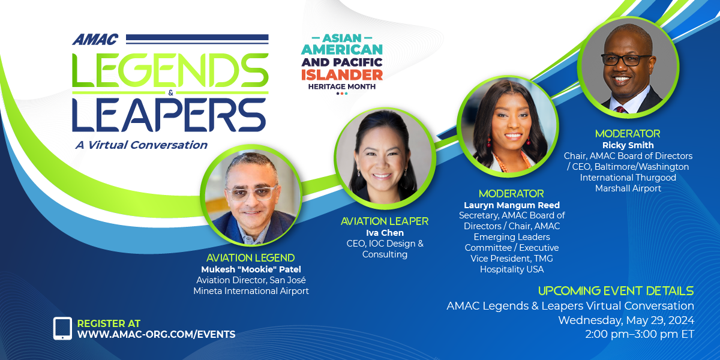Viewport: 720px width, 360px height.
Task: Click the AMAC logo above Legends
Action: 95,40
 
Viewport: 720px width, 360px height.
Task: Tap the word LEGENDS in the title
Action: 170,70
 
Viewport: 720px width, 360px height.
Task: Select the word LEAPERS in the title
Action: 169,115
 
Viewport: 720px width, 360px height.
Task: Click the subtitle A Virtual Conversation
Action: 142,145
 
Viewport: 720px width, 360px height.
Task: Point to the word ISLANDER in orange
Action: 342,75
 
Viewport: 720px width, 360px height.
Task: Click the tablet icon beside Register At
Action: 62,328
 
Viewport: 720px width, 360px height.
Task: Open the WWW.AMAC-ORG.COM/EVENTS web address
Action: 156,334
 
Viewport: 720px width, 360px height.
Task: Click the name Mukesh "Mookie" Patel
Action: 251,269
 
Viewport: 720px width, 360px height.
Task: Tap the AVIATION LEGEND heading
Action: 250,258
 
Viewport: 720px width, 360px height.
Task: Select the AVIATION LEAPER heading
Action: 385,221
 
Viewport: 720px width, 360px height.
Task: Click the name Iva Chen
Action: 385,233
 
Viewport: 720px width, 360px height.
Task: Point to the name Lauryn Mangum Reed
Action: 512,205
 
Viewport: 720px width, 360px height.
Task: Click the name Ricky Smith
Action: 628,145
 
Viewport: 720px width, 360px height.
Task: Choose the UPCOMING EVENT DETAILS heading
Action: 616,291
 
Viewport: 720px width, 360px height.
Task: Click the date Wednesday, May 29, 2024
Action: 626,320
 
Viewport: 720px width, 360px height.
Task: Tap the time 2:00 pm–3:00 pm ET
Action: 640,334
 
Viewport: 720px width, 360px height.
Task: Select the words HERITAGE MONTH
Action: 342,86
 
